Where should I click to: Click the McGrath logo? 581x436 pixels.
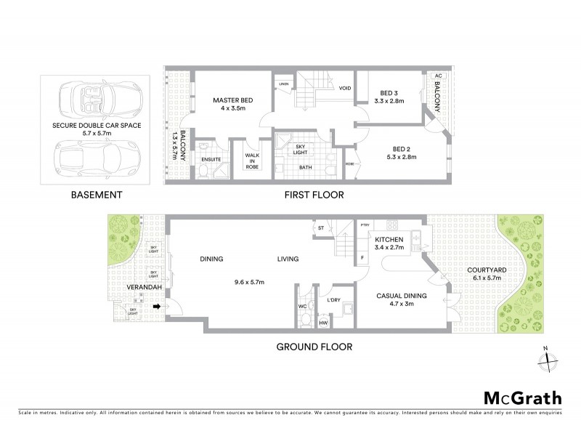[x=522, y=397]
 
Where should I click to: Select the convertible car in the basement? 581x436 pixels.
[x=100, y=99]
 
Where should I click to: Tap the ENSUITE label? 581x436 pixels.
[x=211, y=159]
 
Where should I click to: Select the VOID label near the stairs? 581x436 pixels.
[x=346, y=88]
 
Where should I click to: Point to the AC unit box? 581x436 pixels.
[x=437, y=76]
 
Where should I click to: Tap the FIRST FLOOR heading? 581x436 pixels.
[x=314, y=195]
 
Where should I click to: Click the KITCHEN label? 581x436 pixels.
[x=389, y=239]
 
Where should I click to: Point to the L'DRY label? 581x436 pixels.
[x=335, y=300]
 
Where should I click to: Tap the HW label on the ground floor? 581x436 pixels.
[x=323, y=323]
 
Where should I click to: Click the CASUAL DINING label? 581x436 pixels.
[x=401, y=296]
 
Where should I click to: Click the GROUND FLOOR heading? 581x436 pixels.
[x=314, y=347]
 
